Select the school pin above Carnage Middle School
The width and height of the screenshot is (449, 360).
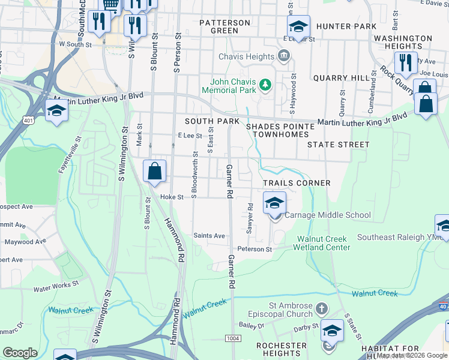[x=274, y=203]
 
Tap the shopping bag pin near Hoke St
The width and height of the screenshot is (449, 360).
[x=155, y=171]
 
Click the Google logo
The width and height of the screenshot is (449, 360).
[x=20, y=352]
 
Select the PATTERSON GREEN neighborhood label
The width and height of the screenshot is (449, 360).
[x=225, y=26]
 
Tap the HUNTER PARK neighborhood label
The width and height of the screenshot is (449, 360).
[x=346, y=26]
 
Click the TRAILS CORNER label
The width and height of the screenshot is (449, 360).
[x=297, y=183]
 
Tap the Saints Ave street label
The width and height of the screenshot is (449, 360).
[x=209, y=236]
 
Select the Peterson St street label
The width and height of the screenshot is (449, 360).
[x=255, y=249]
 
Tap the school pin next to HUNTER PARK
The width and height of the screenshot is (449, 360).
[x=298, y=26]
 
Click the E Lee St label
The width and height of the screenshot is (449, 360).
[x=190, y=136]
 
